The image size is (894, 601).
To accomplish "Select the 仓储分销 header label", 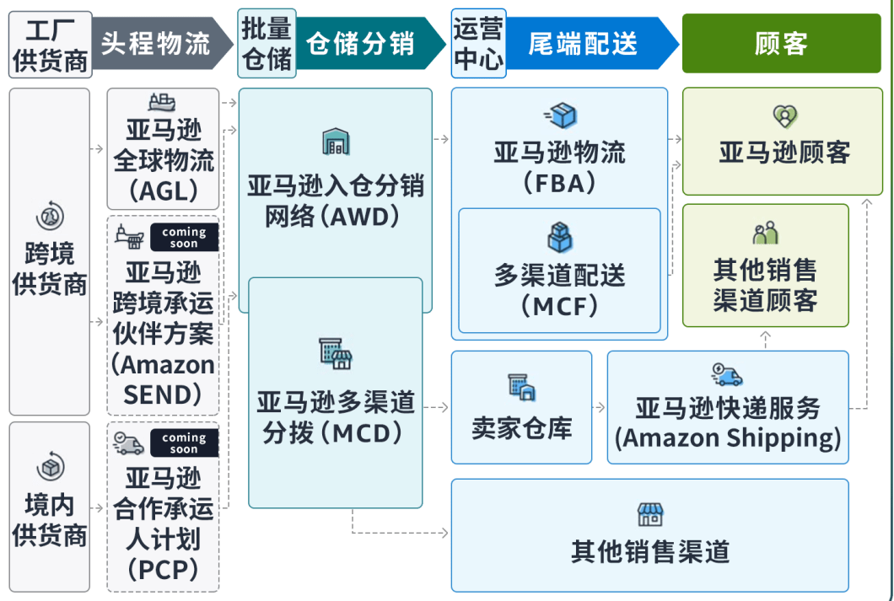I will (361, 43).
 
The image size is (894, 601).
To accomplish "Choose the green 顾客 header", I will (782, 43).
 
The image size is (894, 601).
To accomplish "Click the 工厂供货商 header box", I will (50, 44).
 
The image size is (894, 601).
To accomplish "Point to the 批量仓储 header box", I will (267, 44).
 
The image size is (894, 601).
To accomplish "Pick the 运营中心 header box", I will (478, 44).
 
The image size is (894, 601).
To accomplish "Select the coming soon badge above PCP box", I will (184, 443).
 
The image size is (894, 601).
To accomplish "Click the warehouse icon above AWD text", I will (336, 142).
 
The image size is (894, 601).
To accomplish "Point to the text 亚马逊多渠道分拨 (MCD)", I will (336, 419).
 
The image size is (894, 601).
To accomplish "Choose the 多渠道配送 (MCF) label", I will (559, 290).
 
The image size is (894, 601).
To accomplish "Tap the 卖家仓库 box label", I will (521, 428).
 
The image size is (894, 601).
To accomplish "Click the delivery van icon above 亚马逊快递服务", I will (727, 375).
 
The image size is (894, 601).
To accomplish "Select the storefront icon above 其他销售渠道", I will (649, 514).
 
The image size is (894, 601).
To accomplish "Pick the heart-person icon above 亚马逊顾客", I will (784, 116).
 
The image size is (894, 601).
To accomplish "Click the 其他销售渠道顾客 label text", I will (765, 285).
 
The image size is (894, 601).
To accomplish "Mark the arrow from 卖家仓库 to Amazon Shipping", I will (599, 408).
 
